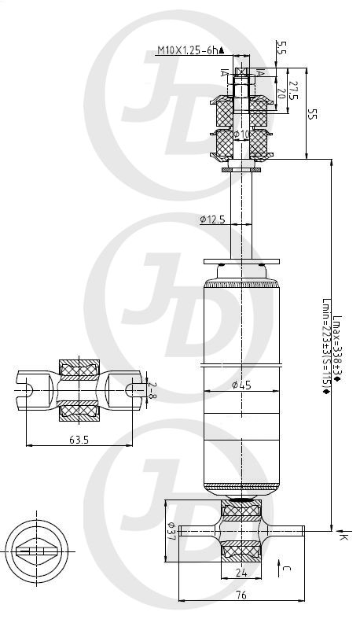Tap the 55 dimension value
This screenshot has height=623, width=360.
tap(313, 113)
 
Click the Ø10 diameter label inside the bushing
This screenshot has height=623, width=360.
tap(243, 135)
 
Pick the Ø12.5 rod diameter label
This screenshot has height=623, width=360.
tap(212, 219)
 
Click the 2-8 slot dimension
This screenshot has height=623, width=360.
tap(152, 391)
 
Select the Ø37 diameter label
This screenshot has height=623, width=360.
tap(171, 531)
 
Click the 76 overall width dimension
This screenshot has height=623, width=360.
tap(241, 596)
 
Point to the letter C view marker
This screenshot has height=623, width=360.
tap(285, 566)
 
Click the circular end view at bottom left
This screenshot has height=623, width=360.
tap(38, 551)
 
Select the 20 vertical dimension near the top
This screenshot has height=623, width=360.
tap(281, 92)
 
